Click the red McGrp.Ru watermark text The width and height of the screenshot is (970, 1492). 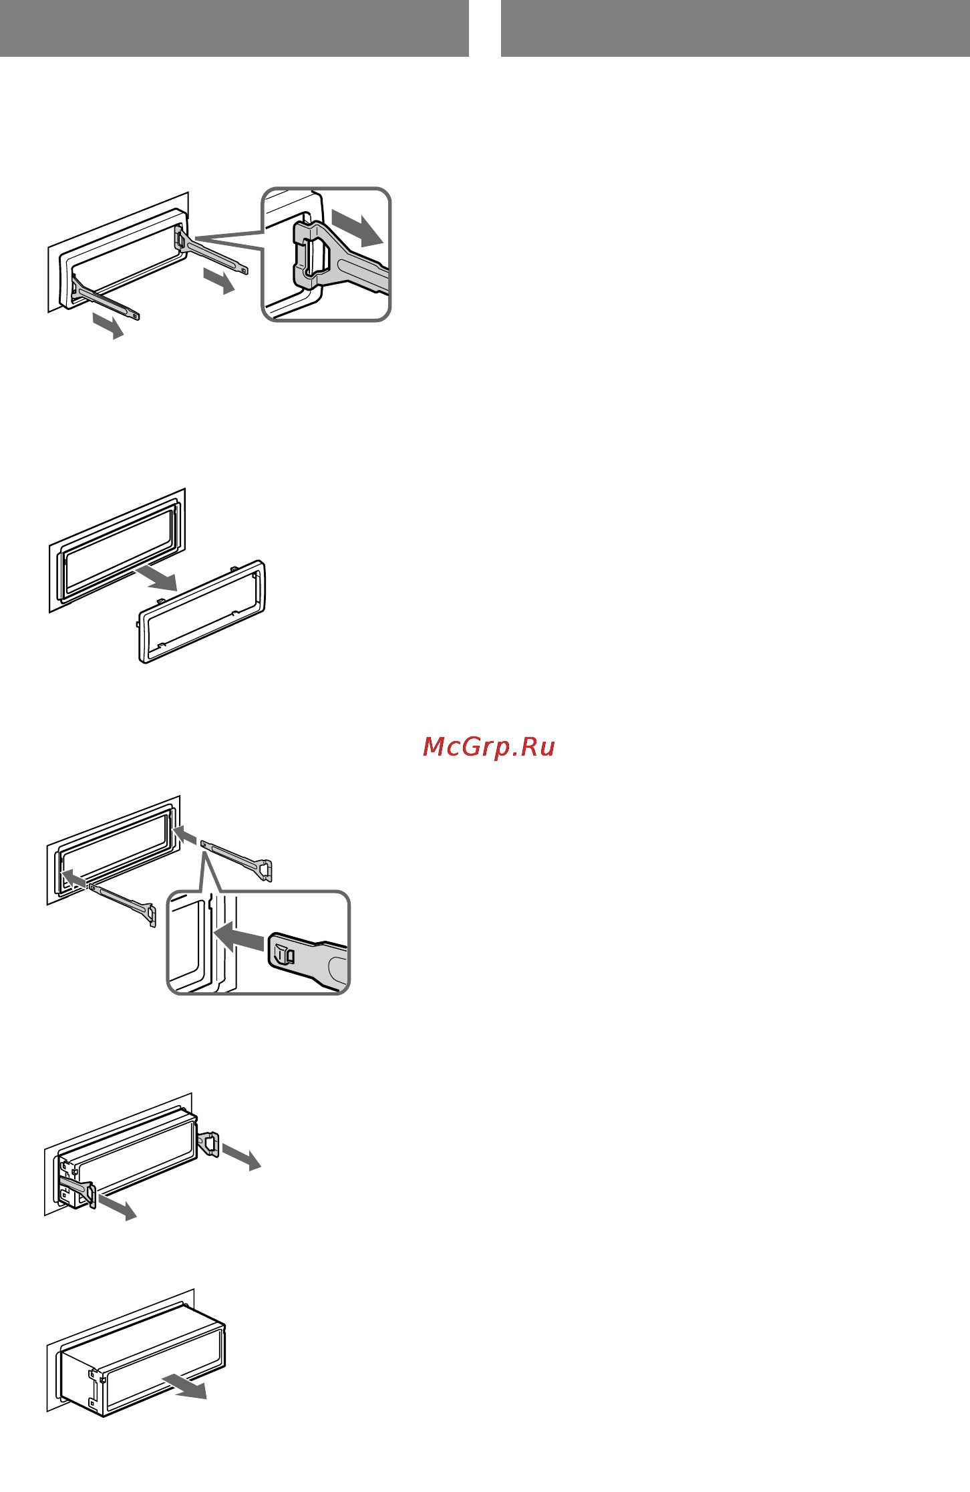point(489,747)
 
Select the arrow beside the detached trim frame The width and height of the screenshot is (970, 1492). point(156,579)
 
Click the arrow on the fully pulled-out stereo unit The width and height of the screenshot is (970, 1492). point(185,1386)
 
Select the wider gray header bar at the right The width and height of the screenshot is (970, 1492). point(735,28)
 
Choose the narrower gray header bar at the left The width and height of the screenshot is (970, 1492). point(234,28)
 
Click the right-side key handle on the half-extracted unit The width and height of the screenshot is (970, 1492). point(209,1143)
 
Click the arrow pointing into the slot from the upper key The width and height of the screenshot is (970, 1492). point(185,835)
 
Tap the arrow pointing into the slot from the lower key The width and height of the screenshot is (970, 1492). point(73,879)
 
